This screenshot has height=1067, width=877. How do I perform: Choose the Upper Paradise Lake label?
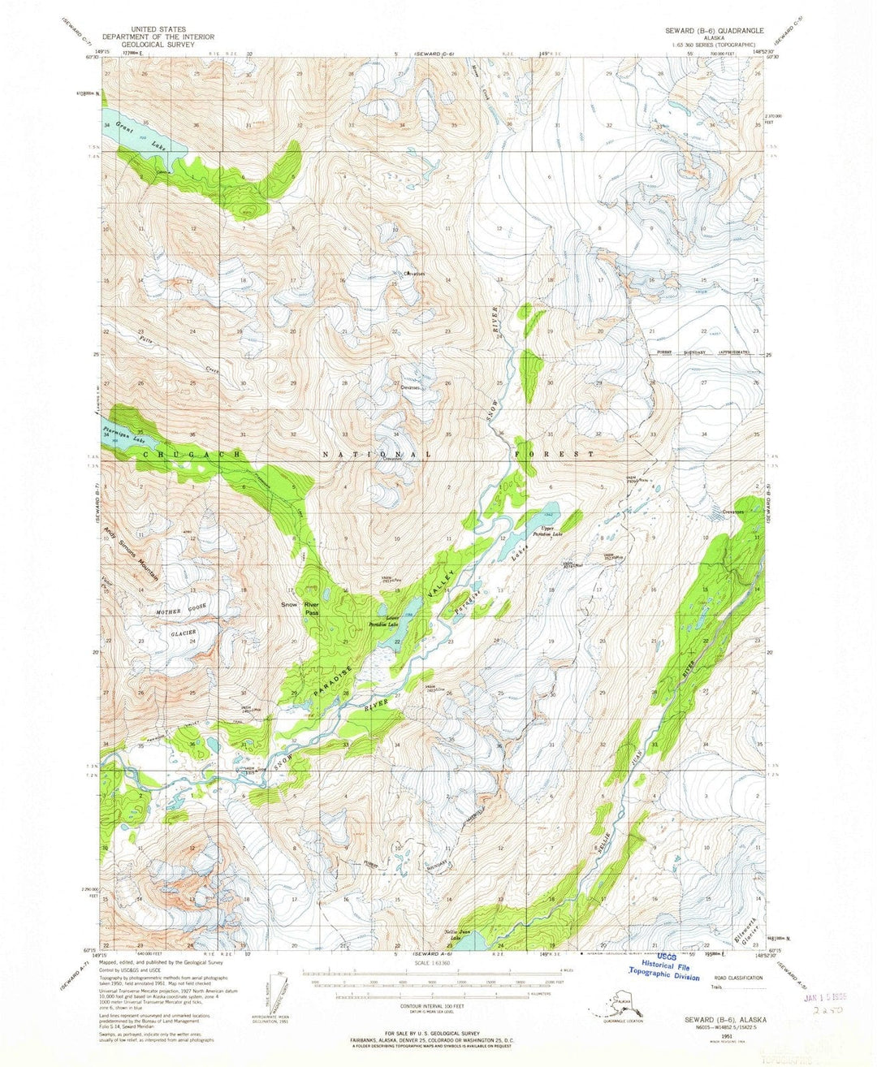[x=547, y=533]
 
